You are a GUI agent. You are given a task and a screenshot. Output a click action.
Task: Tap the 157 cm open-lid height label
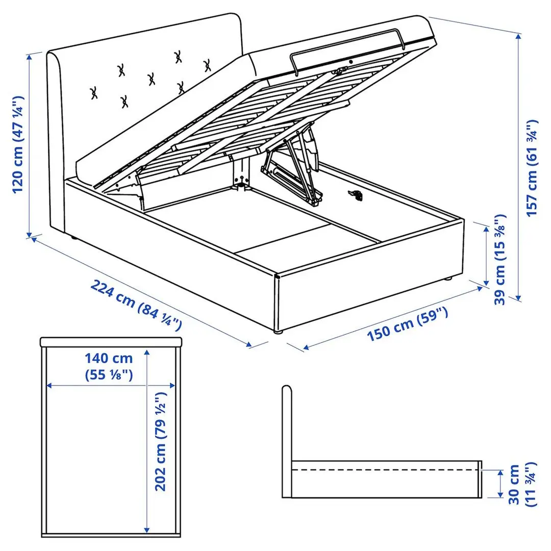(532, 168)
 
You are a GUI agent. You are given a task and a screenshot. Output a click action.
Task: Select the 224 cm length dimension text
(136, 304)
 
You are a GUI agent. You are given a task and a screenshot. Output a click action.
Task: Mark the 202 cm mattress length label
(161, 442)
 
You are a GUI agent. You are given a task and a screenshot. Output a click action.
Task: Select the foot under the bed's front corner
(278, 332)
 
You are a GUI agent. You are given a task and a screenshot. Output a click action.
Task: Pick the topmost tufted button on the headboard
(178, 57)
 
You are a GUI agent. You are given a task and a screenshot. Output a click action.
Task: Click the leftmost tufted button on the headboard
(94, 93)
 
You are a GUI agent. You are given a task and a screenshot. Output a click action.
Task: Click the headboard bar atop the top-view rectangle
(111, 341)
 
